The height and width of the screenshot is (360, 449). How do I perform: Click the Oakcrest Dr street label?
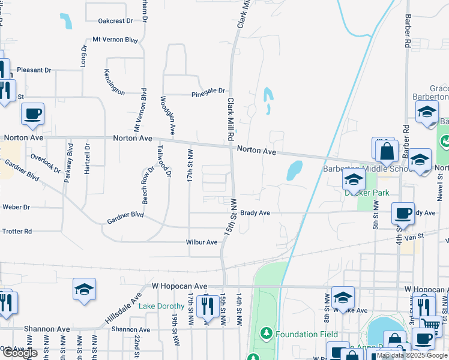115,21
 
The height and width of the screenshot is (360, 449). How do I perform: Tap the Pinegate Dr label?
208,92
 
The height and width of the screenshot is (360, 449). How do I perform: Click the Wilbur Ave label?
201,242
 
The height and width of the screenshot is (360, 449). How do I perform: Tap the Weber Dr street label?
16,207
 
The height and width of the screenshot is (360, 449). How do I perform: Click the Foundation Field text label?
307,334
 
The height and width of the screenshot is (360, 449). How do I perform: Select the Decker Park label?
367,193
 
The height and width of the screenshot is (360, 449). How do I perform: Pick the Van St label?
417,236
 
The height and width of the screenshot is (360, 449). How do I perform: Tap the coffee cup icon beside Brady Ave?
403,214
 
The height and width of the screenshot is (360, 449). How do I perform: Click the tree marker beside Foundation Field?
265,332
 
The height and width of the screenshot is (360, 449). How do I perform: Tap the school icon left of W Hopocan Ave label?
85,289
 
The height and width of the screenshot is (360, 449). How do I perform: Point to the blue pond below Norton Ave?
294,170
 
